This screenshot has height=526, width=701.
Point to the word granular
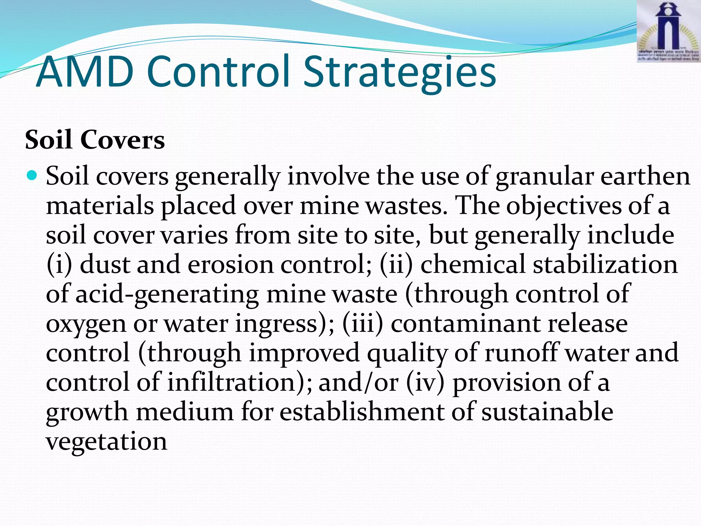tap(544, 177)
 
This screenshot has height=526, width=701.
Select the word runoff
tap(521, 353)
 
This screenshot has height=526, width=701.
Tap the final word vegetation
tap(106, 442)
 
